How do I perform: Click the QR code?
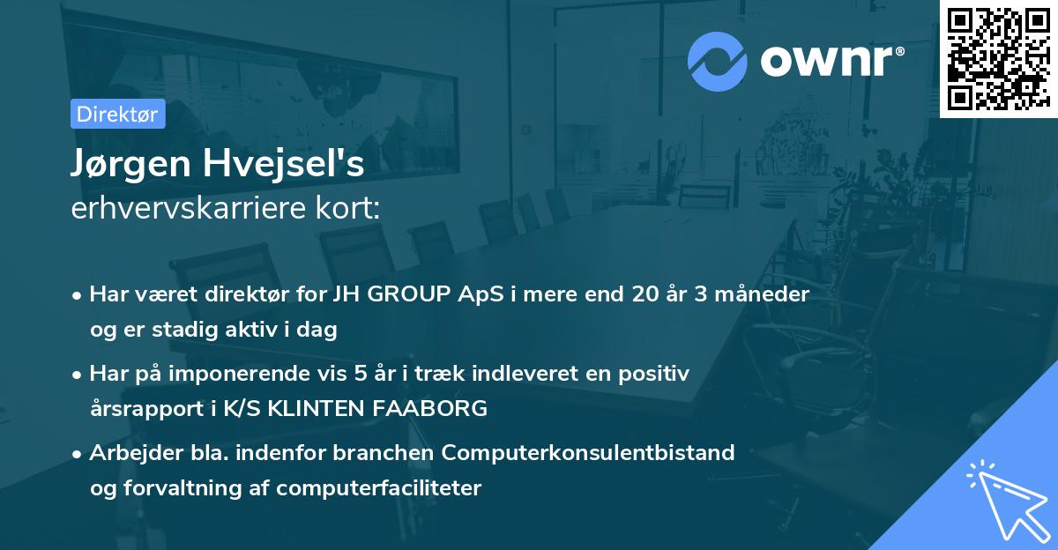click(x=998, y=58)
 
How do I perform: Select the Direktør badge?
click(x=117, y=114)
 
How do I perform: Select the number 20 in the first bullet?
click(x=646, y=294)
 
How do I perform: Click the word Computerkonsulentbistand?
click(x=588, y=453)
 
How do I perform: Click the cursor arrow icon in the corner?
click(x=1005, y=498)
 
